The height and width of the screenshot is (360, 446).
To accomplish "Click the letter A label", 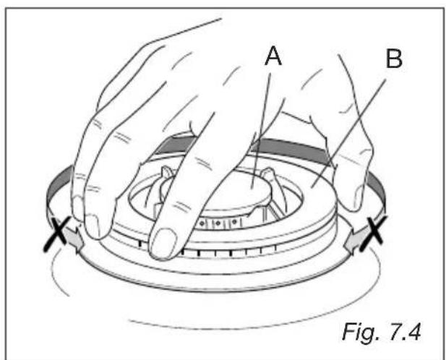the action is click(x=273, y=56).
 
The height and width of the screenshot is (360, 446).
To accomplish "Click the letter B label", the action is click(x=394, y=59).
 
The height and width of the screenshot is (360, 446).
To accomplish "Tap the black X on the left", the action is click(x=57, y=233).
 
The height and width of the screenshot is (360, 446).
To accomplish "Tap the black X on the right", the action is click(x=374, y=233).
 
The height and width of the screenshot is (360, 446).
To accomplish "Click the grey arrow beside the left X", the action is click(x=74, y=239).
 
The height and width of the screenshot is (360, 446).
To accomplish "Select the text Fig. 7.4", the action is click(x=382, y=332).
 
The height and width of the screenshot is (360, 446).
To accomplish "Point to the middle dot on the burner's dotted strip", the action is click(x=218, y=223).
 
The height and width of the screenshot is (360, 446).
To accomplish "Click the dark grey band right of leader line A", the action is click(x=293, y=149).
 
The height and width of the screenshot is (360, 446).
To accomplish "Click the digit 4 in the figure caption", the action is click(x=414, y=332).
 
